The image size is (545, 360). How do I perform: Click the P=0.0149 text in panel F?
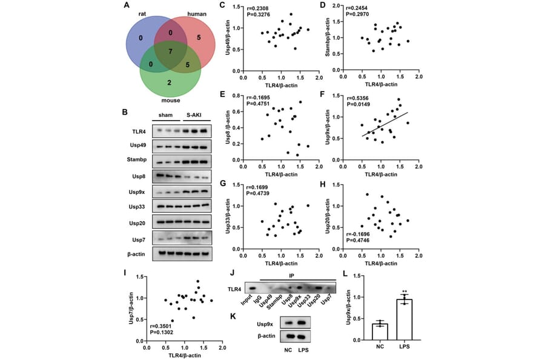coord(362,103)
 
